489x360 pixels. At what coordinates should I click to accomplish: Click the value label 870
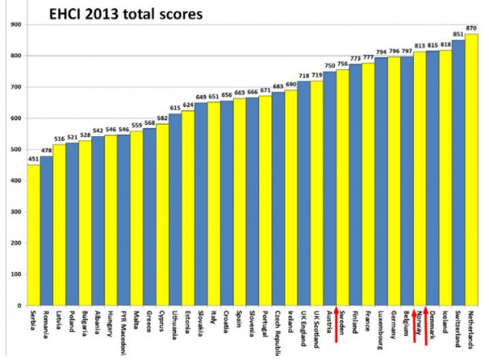click(x=471, y=28)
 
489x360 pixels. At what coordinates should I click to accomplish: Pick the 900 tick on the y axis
click(x=15, y=24)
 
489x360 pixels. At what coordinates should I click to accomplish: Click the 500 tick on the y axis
click(x=15, y=150)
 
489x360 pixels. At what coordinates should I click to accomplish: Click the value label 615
click(x=175, y=108)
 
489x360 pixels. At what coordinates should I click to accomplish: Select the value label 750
click(x=329, y=65)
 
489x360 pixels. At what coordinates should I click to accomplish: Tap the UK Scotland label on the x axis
click(x=316, y=331)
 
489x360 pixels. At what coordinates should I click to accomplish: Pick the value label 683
click(x=278, y=86)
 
